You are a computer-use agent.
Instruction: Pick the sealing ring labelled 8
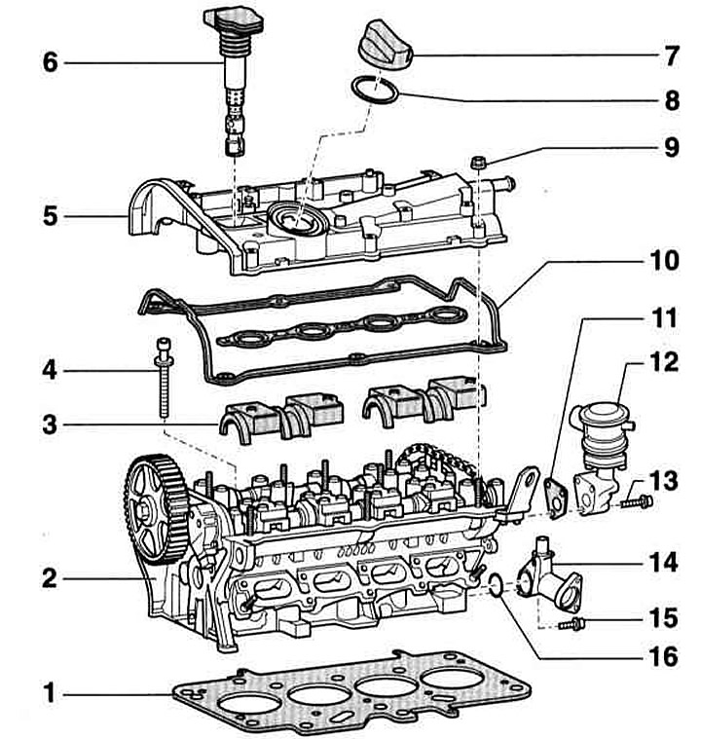pyautogui.click(x=374, y=90)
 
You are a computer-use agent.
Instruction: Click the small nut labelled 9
pyautogui.click(x=478, y=160)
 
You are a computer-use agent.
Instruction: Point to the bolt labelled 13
pyautogui.click(x=640, y=502)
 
